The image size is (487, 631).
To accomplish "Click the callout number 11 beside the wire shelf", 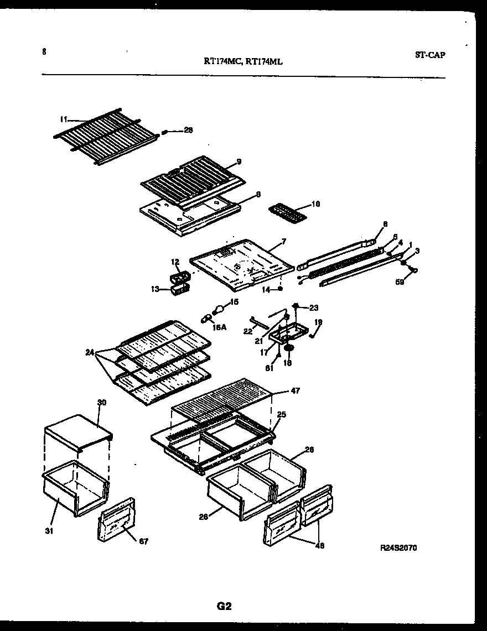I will point(63,119).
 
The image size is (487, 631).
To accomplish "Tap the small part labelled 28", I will point(165,132).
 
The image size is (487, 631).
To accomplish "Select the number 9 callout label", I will point(239,161).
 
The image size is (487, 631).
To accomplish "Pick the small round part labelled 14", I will point(281,288).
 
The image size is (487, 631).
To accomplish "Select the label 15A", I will point(219,327).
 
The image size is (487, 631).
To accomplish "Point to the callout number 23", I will point(314,308).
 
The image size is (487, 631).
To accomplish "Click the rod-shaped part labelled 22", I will point(258,322).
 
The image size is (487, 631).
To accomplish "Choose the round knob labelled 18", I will point(288,347).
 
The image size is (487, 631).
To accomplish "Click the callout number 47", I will point(296,391).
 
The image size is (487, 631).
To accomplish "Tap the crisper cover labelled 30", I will point(77,430).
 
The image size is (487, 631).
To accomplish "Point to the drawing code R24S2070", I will point(398,548).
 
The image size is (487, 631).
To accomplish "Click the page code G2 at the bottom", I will point(224,606).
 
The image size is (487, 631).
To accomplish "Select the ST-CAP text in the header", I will point(429,55).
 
